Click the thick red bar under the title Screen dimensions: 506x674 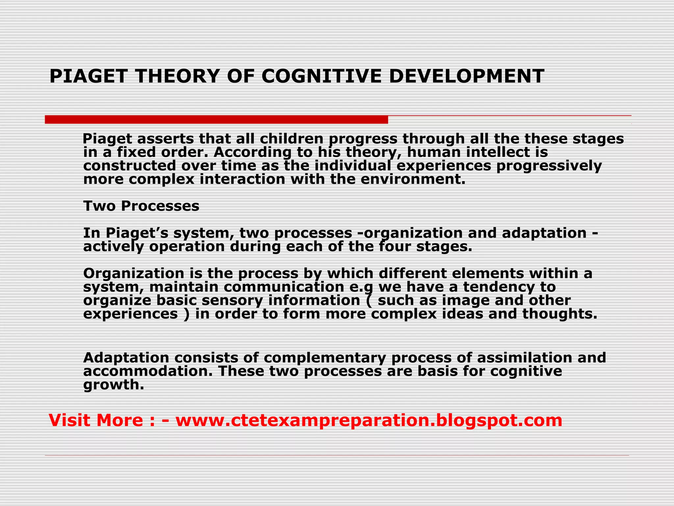pos(216,120)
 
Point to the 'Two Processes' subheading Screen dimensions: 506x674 pos(141,206)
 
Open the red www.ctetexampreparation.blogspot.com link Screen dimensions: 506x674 pos(369,420)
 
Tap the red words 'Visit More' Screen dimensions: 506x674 pos(96,420)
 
